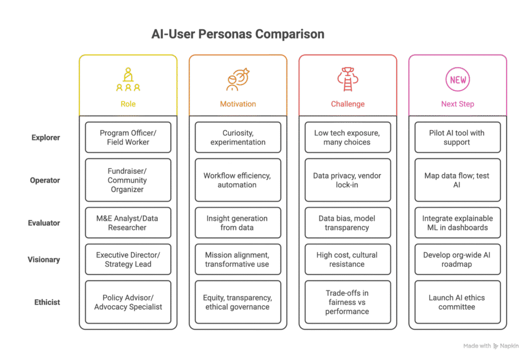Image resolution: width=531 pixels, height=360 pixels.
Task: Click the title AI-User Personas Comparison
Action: coord(237,34)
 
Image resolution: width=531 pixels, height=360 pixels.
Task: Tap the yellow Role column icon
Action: coord(128,79)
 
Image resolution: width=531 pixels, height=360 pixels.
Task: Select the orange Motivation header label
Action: coord(238,104)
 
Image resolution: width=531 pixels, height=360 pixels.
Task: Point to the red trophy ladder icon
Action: coord(348,79)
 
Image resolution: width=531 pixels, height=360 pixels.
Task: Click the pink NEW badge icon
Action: coord(457,79)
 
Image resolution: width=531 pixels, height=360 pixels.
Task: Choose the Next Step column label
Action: coord(457,104)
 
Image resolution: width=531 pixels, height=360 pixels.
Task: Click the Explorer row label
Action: coord(46,137)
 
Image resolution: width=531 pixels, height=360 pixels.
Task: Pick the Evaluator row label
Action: coord(44,223)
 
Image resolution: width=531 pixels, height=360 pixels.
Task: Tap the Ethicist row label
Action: coord(47,302)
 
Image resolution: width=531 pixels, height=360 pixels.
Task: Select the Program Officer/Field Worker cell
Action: coord(128,137)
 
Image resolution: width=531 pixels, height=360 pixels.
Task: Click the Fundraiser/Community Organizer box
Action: coord(128,180)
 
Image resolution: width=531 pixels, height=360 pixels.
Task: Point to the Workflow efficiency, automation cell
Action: coord(238,180)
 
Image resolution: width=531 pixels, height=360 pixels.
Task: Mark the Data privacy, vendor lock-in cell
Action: coord(348,180)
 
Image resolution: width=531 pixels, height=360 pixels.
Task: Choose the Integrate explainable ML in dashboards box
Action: coord(457,223)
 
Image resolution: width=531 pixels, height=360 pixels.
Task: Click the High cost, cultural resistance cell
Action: coord(348,259)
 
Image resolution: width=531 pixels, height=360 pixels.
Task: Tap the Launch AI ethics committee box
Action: coord(457,302)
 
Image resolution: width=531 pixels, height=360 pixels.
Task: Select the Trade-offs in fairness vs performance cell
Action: coord(348,302)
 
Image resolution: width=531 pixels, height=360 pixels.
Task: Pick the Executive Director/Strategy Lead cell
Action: coord(128,259)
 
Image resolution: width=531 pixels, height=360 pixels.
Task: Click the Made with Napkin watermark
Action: coord(491,346)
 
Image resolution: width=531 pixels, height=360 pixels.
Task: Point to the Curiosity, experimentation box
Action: coord(238,137)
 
